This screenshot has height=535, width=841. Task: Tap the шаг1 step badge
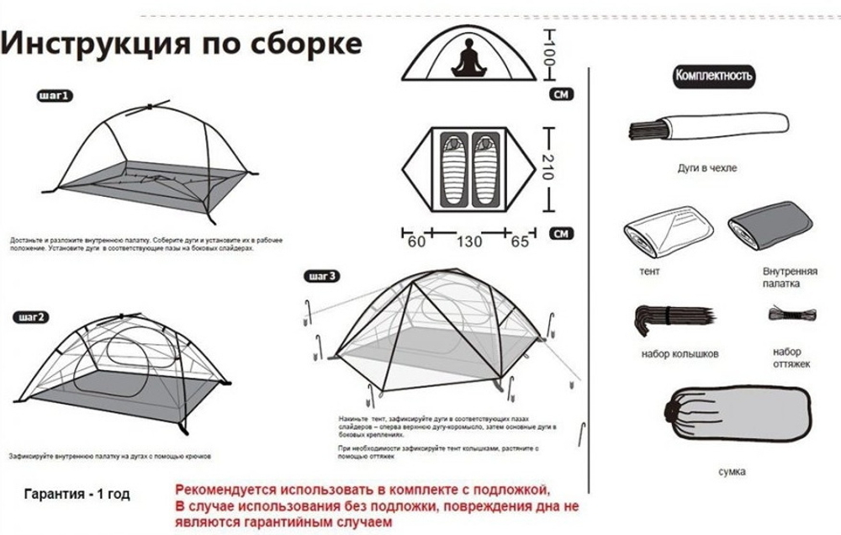56,97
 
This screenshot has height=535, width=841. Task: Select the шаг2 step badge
32,316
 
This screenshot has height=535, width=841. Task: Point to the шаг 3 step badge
324,276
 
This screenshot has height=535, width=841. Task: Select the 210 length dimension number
552,171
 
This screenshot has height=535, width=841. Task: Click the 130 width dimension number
469,241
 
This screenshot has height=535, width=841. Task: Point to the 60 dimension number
415,241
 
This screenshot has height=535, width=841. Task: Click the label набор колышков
680,354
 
